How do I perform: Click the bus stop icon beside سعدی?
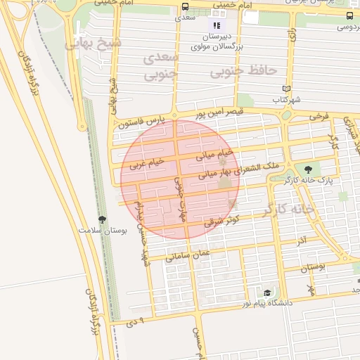(185, 6)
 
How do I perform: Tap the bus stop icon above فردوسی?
(349, 15)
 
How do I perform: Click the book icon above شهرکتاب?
(285, 89)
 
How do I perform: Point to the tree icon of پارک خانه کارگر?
(307, 169)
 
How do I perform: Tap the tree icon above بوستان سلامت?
(103, 219)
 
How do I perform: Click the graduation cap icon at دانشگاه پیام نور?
(267, 292)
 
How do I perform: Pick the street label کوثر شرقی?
(222, 219)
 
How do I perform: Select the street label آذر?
(300, 240)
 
